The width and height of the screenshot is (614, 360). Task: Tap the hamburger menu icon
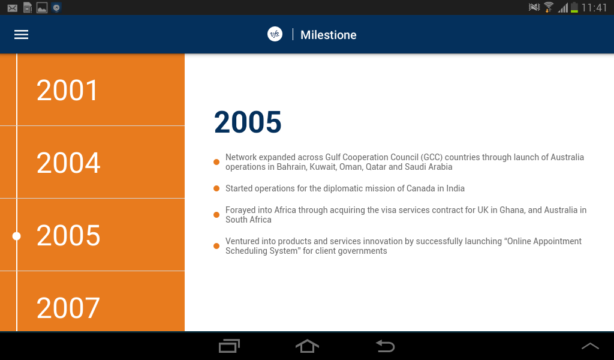[21, 34]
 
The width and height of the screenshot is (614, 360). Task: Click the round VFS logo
[275, 34]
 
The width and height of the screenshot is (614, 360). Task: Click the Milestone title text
[328, 35]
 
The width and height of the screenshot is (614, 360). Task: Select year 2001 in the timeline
[67, 90]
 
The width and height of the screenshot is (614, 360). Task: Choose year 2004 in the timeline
[68, 163]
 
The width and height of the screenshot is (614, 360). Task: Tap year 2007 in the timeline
[68, 308]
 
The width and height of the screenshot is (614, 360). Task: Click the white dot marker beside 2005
[16, 236]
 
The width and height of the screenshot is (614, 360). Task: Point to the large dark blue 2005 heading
[248, 122]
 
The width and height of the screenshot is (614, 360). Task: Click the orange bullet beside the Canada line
[216, 188]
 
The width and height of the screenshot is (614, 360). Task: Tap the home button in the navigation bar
[307, 346]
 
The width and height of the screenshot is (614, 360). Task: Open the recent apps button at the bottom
[229, 346]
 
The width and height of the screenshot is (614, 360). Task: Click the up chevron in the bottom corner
[590, 346]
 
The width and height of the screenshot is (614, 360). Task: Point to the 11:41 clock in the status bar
[594, 7]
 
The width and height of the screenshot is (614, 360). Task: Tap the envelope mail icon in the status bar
[12, 8]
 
